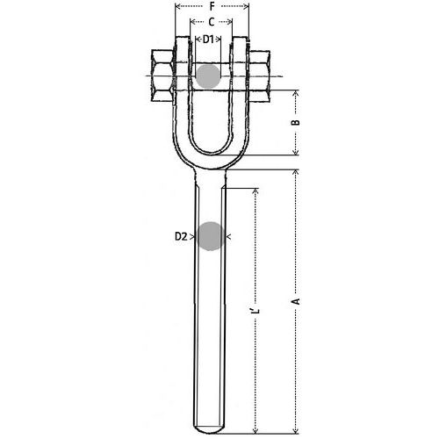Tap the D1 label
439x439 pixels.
pyautogui.click(x=209, y=40)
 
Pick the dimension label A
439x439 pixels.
pyautogui.click(x=297, y=300)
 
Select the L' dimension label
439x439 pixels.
pyautogui.click(x=255, y=312)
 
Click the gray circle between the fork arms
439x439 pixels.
pyautogui.click(x=208, y=76)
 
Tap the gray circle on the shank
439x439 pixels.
pyautogui.click(x=211, y=236)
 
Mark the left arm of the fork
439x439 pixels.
pyautogui.click(x=184, y=105)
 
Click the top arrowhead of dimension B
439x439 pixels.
pyautogui.click(x=298, y=92)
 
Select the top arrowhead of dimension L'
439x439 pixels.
pyautogui.click(x=255, y=190)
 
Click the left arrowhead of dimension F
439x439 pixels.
pyautogui.click(x=177, y=6)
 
